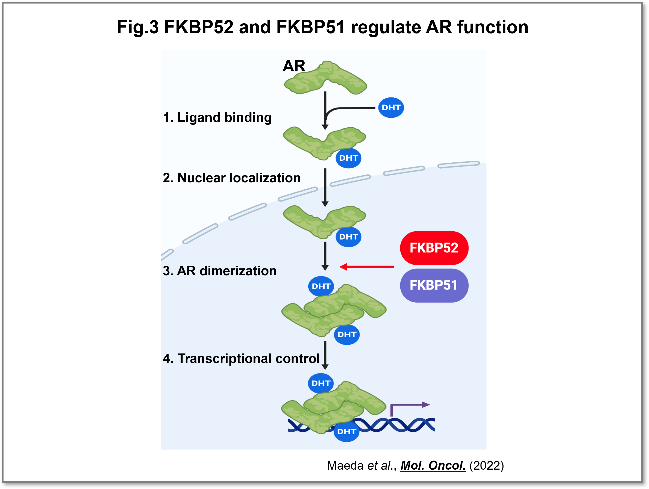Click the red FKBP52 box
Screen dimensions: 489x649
tap(434, 248)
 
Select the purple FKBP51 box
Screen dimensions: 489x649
tap(434, 285)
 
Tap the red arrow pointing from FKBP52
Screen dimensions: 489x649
tap(367, 267)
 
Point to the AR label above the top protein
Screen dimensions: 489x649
tap(294, 66)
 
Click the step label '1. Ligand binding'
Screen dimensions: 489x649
tap(217, 117)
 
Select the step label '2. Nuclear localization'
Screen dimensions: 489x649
tap(231, 178)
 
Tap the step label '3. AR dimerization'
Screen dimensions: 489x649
tap(220, 271)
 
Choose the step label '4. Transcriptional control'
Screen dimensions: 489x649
tap(241, 358)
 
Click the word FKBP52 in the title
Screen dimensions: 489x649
tap(199, 27)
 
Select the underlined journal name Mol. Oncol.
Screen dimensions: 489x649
tap(433, 465)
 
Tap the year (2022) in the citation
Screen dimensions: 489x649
tap(486, 465)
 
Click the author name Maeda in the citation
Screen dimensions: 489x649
tap(345, 465)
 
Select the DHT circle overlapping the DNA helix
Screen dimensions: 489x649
tap(346, 431)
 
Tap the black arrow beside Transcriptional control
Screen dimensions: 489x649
tap(325, 355)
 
